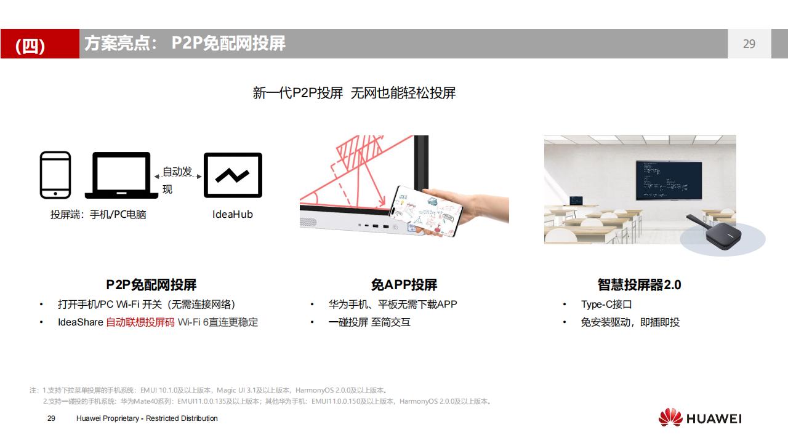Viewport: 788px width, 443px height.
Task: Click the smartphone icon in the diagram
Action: (x=55, y=175)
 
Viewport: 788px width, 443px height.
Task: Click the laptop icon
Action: (x=121, y=175)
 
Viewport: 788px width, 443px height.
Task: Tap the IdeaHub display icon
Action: (x=233, y=175)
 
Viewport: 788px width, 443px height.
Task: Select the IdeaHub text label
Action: (x=233, y=214)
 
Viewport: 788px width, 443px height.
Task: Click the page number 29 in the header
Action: (x=749, y=44)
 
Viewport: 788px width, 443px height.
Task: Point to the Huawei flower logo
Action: (x=670, y=417)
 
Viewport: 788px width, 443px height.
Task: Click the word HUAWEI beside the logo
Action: (x=714, y=419)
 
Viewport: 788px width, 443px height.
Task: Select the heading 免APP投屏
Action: (x=404, y=284)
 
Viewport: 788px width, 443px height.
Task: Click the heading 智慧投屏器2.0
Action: (x=639, y=284)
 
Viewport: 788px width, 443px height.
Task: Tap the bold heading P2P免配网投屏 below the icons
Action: (x=151, y=284)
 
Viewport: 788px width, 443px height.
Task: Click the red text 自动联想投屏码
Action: (x=140, y=322)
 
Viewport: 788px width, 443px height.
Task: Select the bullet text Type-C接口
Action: (x=606, y=304)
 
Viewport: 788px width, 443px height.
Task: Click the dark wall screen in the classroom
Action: (x=669, y=180)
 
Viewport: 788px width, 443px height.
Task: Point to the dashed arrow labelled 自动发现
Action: (x=178, y=177)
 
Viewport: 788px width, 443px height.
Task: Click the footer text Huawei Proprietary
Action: (x=108, y=418)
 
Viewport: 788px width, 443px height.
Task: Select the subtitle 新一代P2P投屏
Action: (x=297, y=93)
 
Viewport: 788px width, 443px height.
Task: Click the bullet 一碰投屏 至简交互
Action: (x=369, y=322)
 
